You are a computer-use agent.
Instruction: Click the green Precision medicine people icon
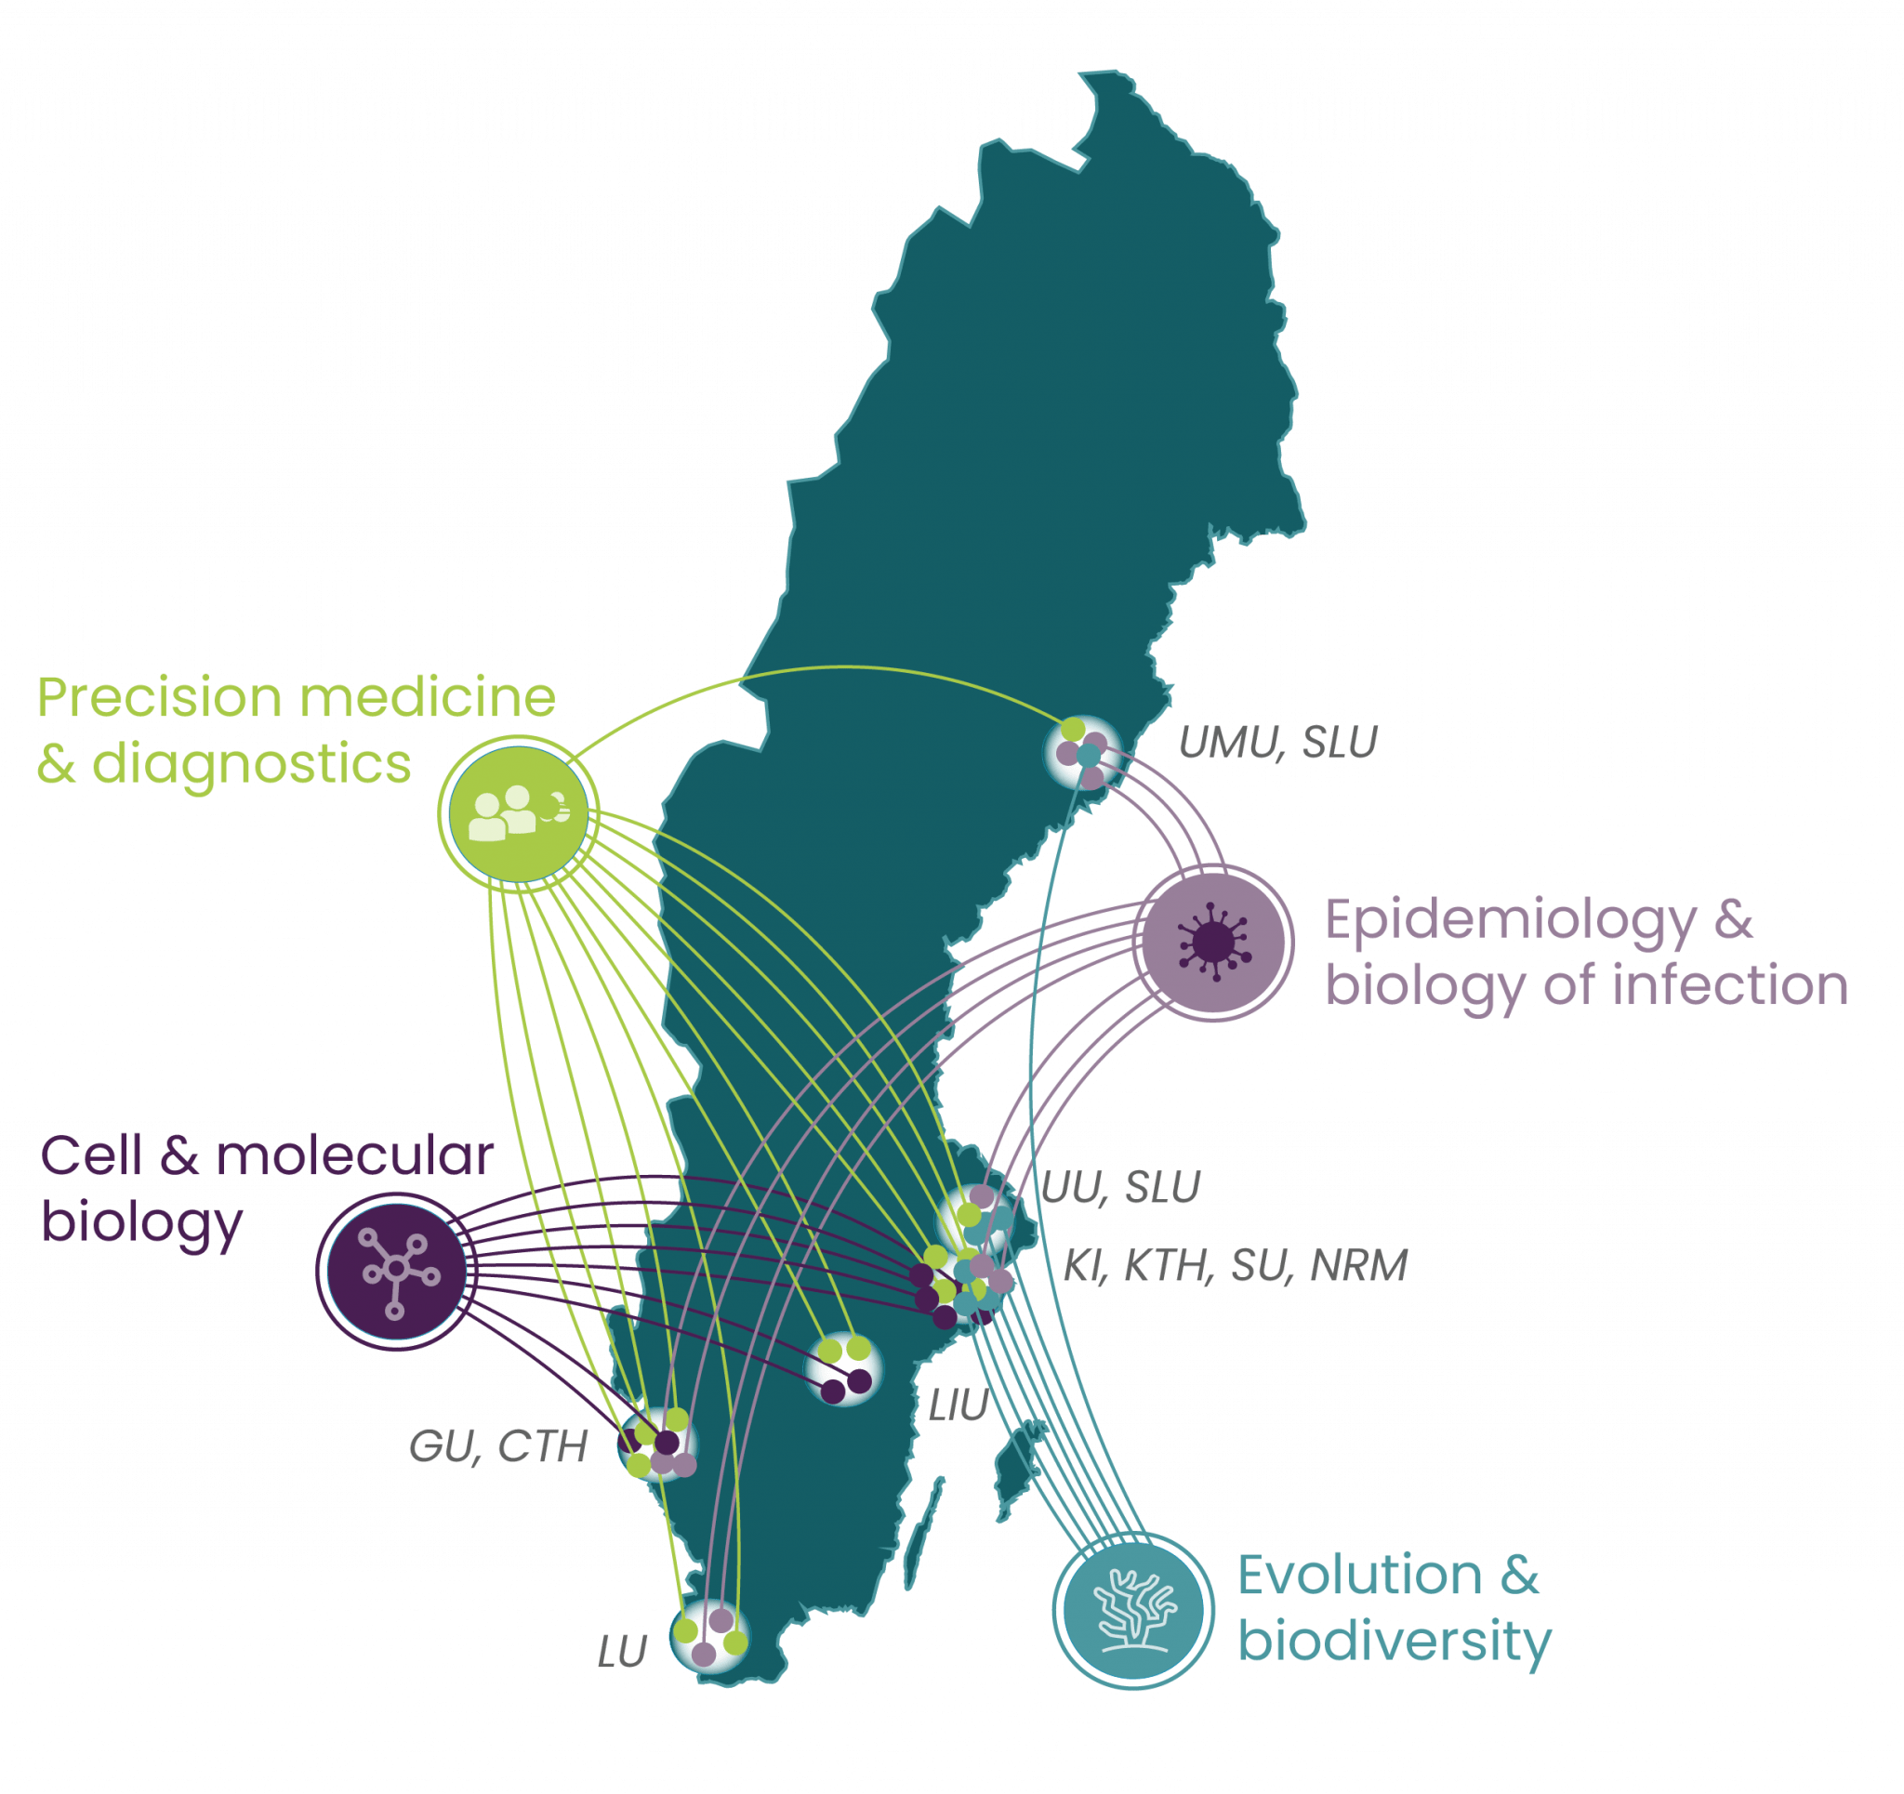[x=517, y=812]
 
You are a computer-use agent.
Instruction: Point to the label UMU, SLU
[x=1277, y=745]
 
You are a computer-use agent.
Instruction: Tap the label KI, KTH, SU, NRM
[x=1235, y=1266]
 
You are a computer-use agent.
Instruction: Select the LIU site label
[x=958, y=1407]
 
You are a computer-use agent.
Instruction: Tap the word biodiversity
[x=1394, y=1641]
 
